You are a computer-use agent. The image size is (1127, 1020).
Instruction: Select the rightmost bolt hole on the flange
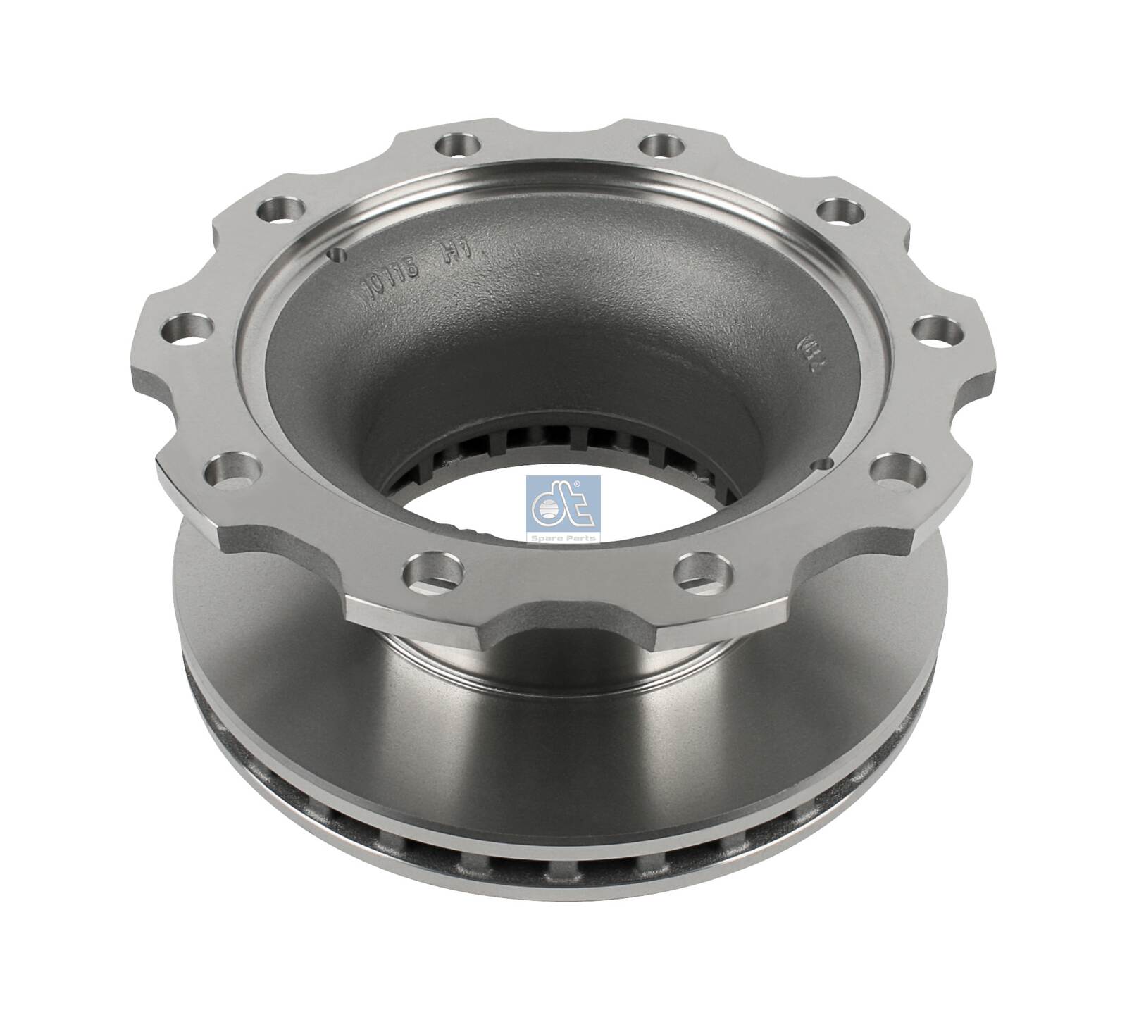[937, 329]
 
